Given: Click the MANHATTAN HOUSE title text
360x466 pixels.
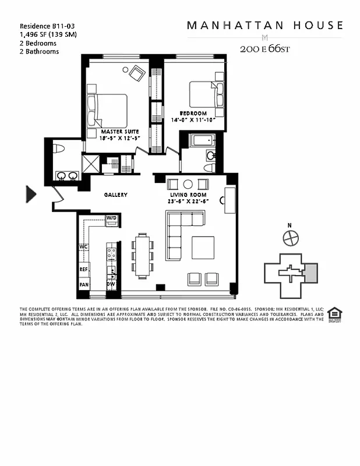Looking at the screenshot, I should pyautogui.click(x=264, y=26).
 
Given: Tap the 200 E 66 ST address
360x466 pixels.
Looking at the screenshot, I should pyautogui.click(x=264, y=49).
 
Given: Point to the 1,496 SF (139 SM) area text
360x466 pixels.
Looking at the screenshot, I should pyautogui.click(x=48, y=34).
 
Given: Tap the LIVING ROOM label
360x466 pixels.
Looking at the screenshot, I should pyautogui.click(x=189, y=194).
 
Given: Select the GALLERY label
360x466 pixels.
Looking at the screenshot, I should pyautogui.click(x=115, y=195).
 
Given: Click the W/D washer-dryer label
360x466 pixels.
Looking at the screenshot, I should pyautogui.click(x=111, y=218).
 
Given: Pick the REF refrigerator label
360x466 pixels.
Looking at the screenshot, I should pyautogui.click(x=83, y=270).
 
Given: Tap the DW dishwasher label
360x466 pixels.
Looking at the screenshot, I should pyautogui.click(x=111, y=284).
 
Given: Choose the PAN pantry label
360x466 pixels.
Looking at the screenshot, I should pyautogui.click(x=83, y=285).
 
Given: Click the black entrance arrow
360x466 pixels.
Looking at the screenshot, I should pyautogui.click(x=31, y=194).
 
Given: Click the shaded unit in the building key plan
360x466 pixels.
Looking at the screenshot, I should pyautogui.click(x=310, y=273).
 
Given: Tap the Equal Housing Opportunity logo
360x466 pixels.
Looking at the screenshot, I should pyautogui.click(x=334, y=314).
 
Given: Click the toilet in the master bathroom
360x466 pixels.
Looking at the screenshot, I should pyautogui.click(x=57, y=149).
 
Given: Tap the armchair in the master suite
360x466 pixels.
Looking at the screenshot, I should pyautogui.click(x=137, y=73).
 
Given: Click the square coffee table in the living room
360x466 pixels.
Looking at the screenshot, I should pyautogui.click(x=203, y=247).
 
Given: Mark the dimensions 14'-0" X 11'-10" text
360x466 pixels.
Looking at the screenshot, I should pyautogui.click(x=193, y=119).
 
